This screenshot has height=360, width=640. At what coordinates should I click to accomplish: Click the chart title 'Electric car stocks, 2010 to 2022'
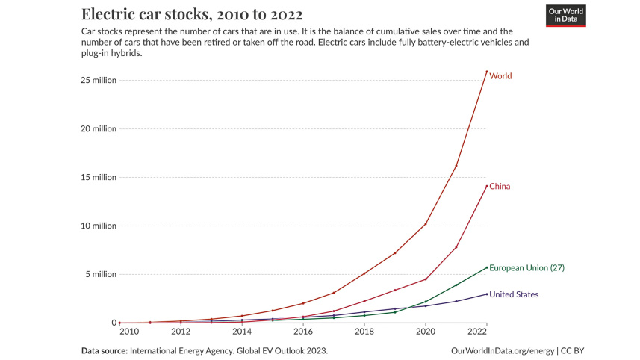point(192,15)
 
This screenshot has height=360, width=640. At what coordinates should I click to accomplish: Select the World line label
point(500,76)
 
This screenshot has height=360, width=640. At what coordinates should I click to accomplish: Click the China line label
point(500,186)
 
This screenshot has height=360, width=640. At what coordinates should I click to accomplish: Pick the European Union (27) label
point(526,267)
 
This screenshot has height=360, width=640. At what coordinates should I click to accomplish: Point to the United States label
point(514,294)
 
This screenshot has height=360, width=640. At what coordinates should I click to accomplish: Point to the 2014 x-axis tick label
point(242,331)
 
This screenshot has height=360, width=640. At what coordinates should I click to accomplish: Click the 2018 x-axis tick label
point(364,331)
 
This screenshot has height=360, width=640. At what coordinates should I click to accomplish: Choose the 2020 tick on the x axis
point(426,331)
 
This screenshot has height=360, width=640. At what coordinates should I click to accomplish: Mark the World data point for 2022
point(487,72)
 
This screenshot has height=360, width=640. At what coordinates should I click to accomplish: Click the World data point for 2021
point(456,166)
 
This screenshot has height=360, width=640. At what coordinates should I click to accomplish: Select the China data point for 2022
point(487,186)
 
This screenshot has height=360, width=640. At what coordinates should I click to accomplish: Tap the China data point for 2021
point(456,247)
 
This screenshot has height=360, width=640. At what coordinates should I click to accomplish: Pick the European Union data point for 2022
point(487,267)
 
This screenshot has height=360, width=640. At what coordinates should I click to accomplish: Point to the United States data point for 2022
point(487,294)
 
